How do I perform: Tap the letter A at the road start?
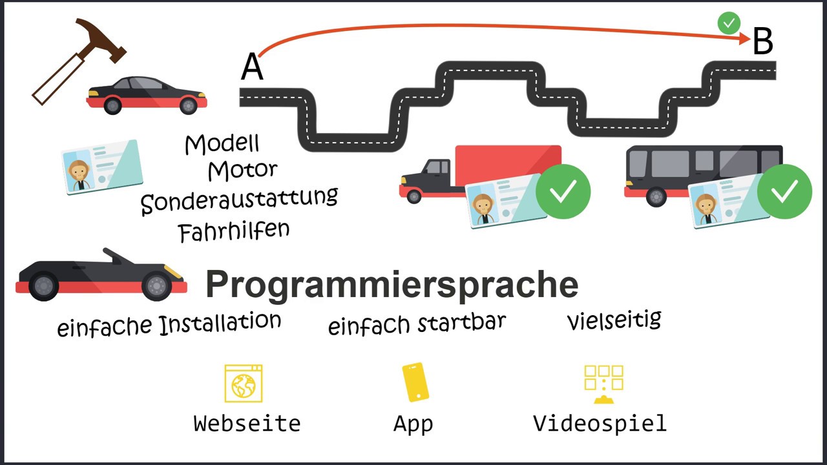click(x=252, y=67)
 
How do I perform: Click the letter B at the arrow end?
click(x=762, y=42)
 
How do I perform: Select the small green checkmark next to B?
click(x=729, y=23)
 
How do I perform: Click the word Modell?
click(x=222, y=143)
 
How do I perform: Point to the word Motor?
click(x=242, y=170)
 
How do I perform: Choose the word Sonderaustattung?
click(x=239, y=200)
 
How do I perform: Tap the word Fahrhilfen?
click(x=234, y=231)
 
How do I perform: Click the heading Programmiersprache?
click(x=392, y=284)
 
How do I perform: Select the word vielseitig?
click(x=614, y=320)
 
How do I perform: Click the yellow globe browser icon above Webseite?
click(x=244, y=384)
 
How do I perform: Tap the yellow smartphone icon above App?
click(x=415, y=382)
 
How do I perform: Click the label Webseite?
click(x=247, y=424)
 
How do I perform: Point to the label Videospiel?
click(x=600, y=424)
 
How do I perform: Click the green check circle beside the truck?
click(x=563, y=192)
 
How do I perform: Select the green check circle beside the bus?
click(x=784, y=192)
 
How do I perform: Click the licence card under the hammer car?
click(x=101, y=167)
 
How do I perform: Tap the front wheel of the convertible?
click(x=156, y=285)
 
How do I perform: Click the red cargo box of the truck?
click(x=508, y=165)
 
